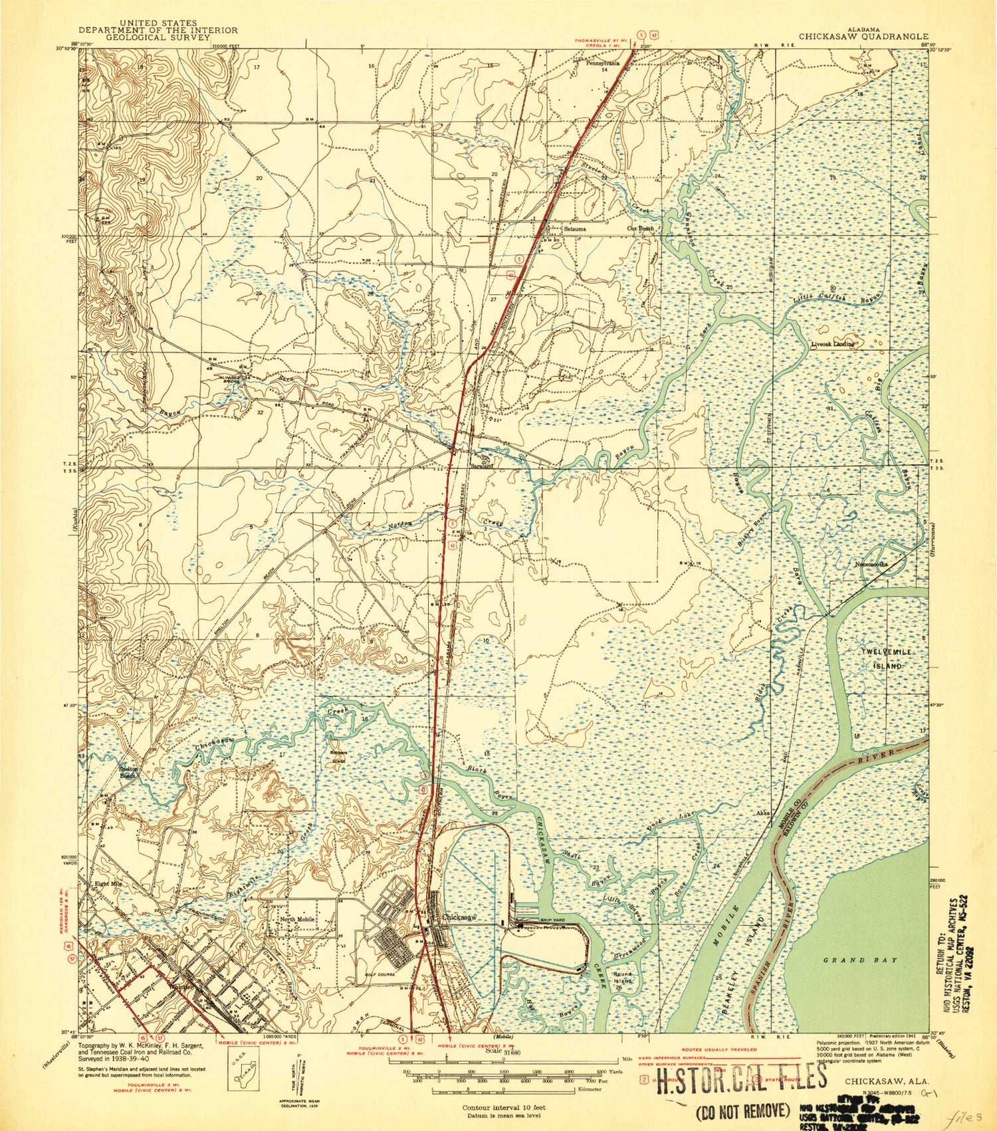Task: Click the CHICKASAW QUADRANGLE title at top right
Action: (863, 37)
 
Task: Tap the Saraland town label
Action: (483, 466)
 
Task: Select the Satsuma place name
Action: (576, 228)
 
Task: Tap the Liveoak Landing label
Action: (832, 345)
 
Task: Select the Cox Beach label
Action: (641, 228)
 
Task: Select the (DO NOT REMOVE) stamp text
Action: (743, 1110)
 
